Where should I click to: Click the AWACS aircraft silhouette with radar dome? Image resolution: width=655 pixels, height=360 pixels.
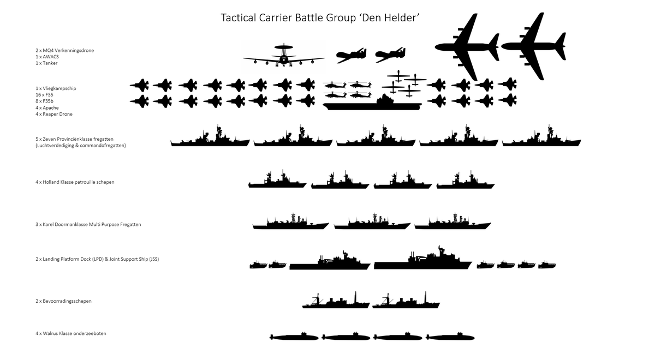pos(283,57)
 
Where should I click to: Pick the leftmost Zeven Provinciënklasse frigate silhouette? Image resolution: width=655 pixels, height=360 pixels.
pos(210,139)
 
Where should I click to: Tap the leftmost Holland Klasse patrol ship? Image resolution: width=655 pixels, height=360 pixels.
pos(277,182)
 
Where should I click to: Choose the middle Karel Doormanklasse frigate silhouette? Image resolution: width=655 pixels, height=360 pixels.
pos(372,223)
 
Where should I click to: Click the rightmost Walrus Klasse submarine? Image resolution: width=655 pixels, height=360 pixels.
pos(450,337)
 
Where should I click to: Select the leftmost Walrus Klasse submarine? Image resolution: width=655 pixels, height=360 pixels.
pos(295,337)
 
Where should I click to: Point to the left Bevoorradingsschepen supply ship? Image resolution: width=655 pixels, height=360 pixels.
pos(336,302)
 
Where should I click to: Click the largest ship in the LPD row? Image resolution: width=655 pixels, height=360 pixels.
pos(422,261)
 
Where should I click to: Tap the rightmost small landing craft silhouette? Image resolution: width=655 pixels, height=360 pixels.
pos(546,265)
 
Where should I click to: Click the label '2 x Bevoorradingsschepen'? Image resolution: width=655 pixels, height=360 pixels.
pos(63,301)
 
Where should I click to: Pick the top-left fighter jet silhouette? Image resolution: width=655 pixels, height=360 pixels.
pos(139,85)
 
